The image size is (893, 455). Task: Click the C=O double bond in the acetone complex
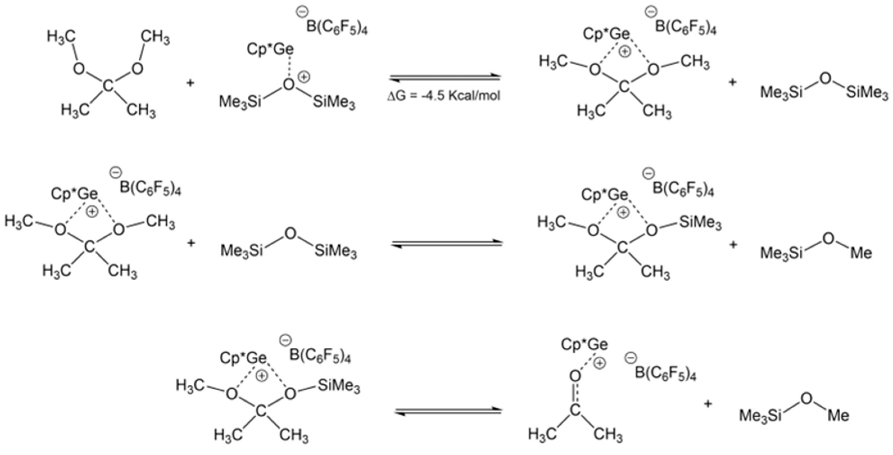[x=575, y=393]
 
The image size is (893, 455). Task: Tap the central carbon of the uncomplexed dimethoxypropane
[x=108, y=85]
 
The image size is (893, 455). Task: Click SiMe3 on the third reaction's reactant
[x=339, y=386]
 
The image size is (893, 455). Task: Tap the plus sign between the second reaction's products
[x=733, y=245]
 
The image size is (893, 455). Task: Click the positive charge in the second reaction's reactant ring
[x=92, y=212]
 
